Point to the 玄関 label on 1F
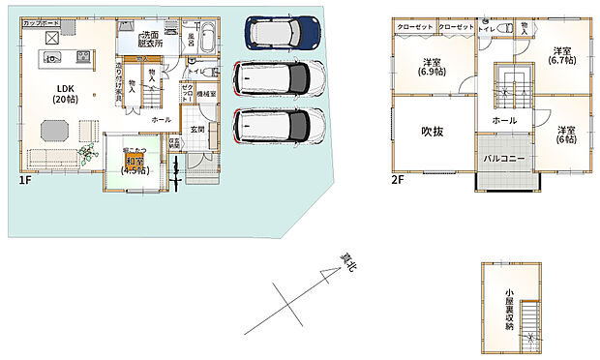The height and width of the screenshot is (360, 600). tap(197, 129)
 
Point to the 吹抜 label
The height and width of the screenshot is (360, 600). tap(432, 132)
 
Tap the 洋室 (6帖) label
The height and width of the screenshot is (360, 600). tap(566, 135)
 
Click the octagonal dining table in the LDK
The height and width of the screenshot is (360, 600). tap(53, 129)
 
